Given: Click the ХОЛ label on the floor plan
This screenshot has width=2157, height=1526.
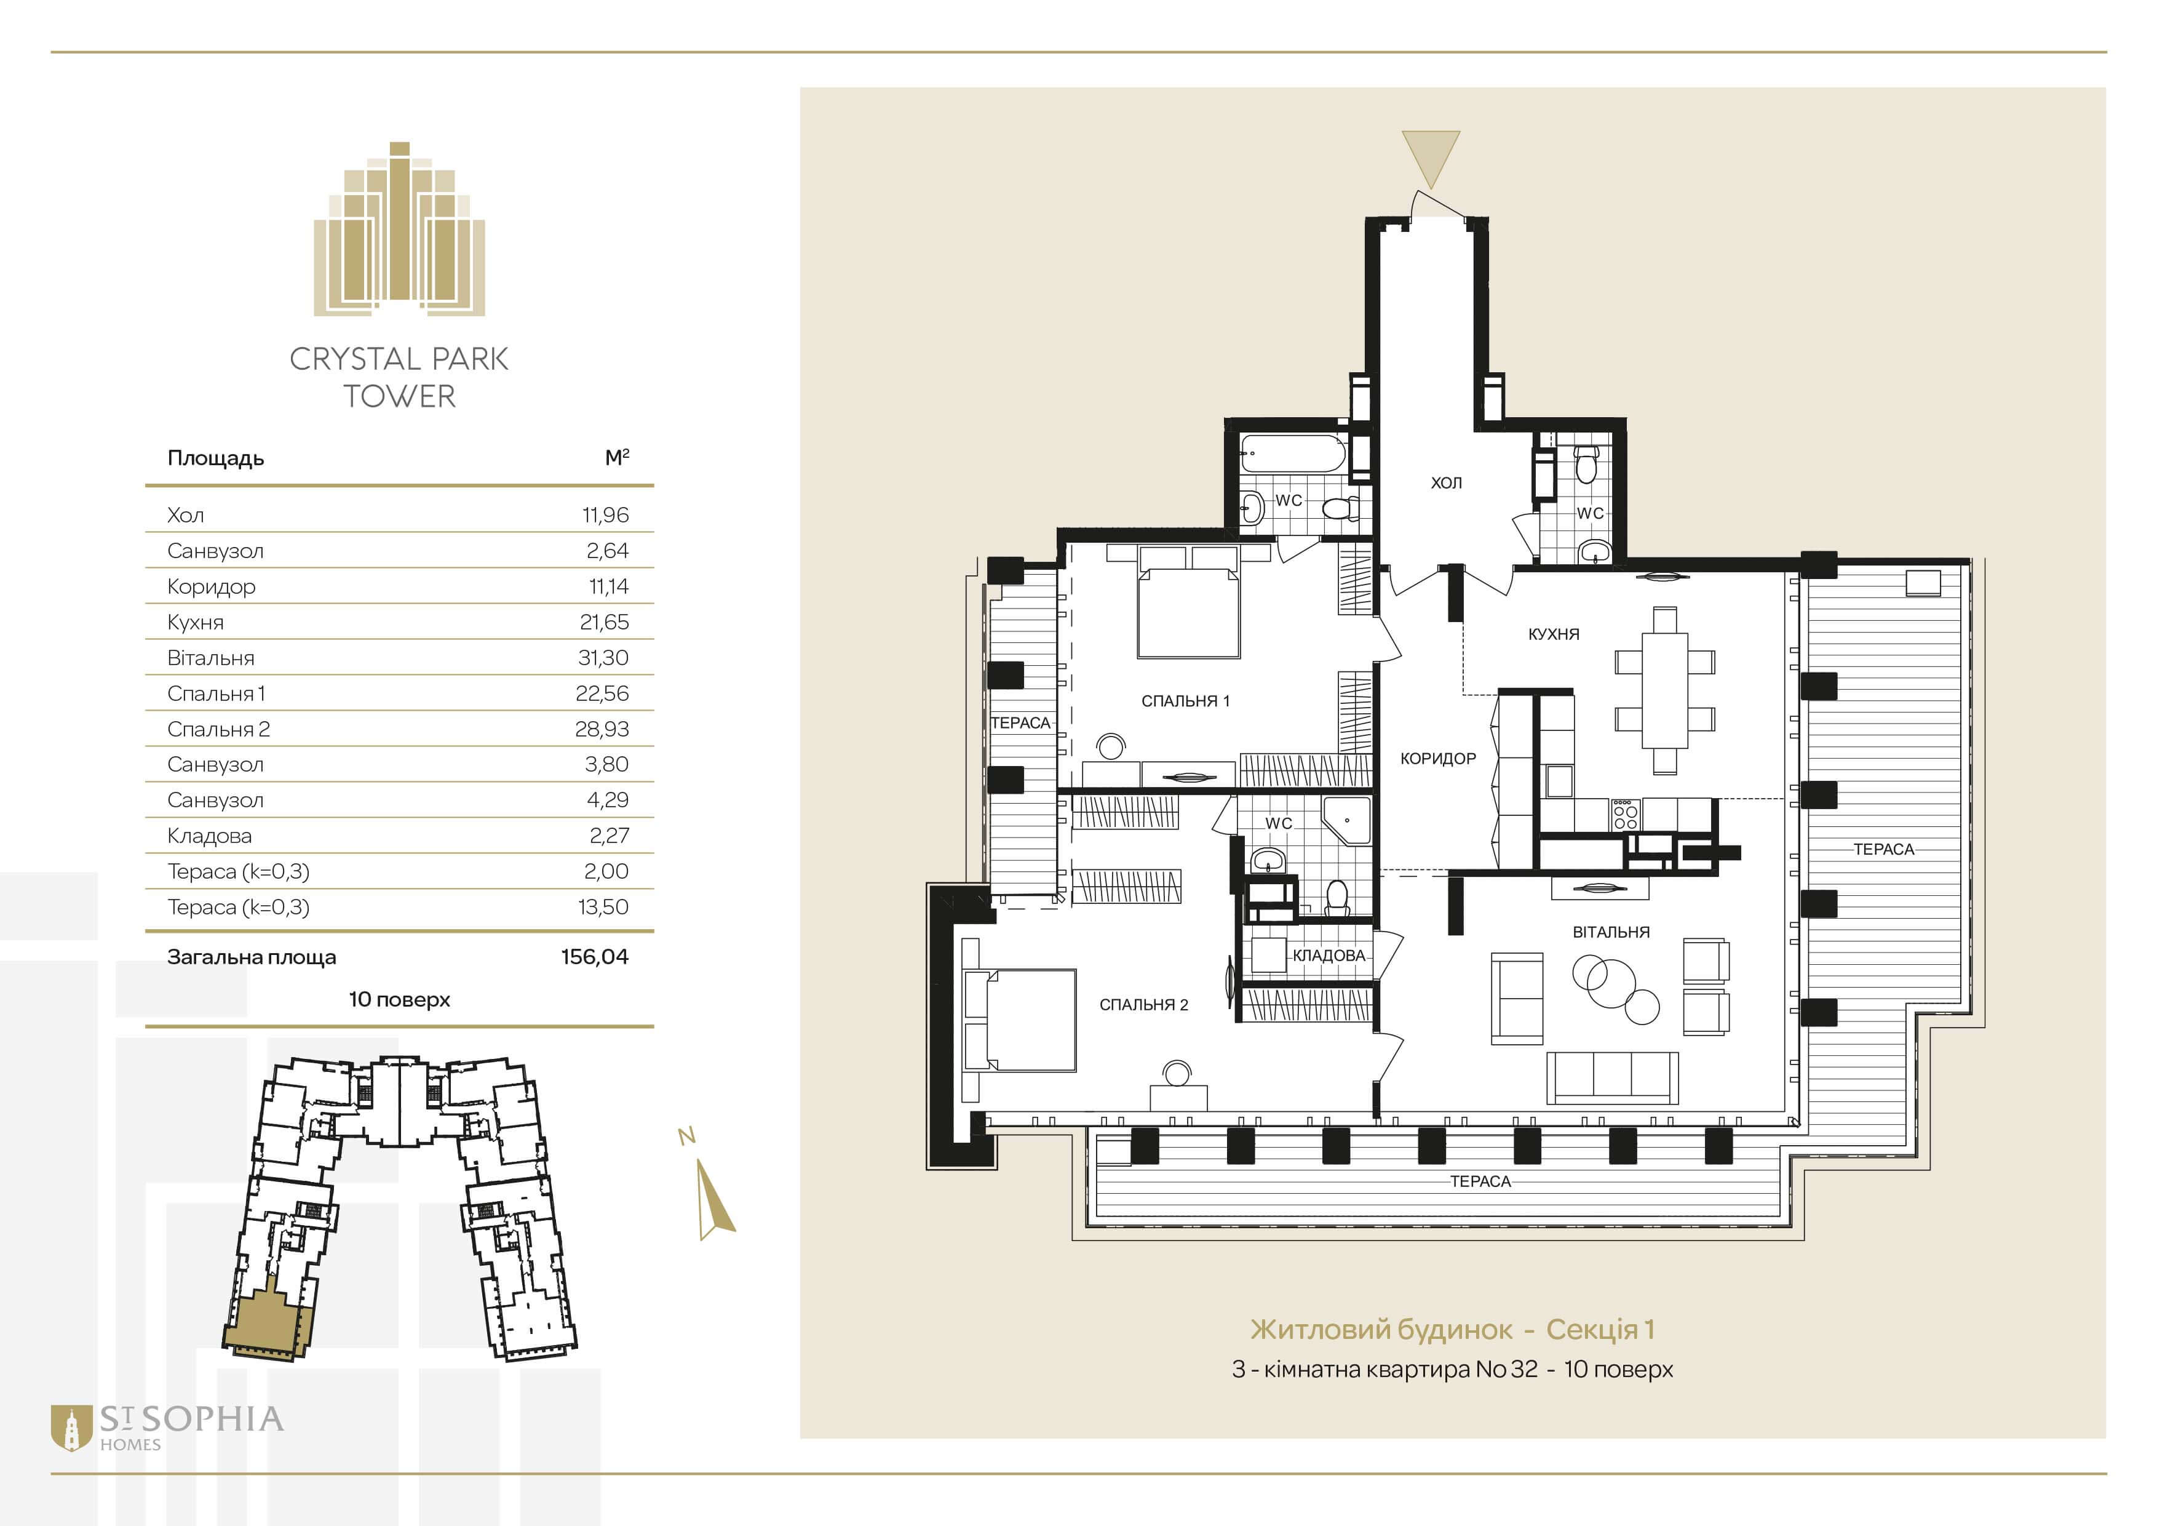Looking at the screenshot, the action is [x=1446, y=483].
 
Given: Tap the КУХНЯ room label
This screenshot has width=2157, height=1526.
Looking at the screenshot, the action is [x=1554, y=634].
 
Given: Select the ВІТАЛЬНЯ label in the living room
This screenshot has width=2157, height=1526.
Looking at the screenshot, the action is [x=1611, y=932].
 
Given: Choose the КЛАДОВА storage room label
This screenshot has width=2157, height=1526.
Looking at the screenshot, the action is [x=1329, y=956].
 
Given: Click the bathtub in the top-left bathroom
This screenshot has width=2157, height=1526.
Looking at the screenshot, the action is [x=1293, y=454].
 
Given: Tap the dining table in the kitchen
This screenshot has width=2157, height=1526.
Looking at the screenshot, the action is [x=1665, y=690].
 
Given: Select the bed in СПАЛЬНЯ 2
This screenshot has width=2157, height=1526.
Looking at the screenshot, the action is [x=1020, y=1020].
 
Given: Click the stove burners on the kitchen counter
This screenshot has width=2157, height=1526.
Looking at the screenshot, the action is [x=1625, y=815].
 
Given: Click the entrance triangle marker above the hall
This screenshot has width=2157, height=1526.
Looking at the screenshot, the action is [x=1431, y=160].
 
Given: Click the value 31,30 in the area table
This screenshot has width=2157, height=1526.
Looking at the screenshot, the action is [x=603, y=658].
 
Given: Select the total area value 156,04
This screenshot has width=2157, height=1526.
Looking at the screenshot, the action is [x=595, y=957].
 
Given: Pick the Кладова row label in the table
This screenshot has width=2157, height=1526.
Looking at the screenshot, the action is [x=210, y=836].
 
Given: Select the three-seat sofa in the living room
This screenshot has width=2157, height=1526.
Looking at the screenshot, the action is [x=1612, y=1077].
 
